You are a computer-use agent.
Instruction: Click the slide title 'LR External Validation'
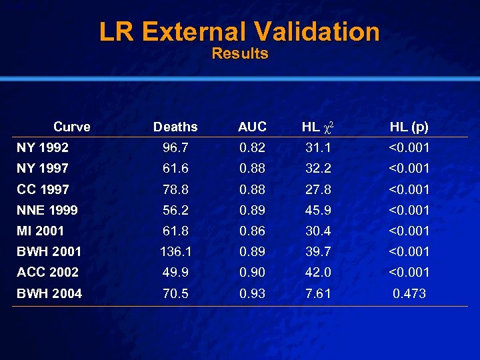[x=239, y=31]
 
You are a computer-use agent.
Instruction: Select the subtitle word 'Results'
[x=239, y=54]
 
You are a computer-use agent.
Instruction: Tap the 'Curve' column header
[x=72, y=127]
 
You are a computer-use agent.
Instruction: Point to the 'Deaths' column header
[x=175, y=127]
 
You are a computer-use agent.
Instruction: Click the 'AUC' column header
[x=252, y=127]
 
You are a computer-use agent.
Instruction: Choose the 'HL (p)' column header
[x=409, y=127]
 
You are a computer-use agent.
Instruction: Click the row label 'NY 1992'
[x=43, y=147]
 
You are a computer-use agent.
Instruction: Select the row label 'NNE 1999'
[x=47, y=210]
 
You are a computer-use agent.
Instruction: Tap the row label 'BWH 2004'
[x=49, y=293]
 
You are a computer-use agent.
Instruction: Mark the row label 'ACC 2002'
[x=48, y=272]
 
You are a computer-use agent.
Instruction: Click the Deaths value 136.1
[x=175, y=251]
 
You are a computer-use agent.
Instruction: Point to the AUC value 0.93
[x=252, y=293]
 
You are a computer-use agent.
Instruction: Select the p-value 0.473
[x=409, y=293]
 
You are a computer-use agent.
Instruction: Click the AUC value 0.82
[x=252, y=147]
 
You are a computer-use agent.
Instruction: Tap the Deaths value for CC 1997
[x=175, y=189]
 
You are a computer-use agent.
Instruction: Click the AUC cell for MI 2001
[x=252, y=231]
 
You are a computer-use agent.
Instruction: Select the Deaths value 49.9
[x=175, y=272]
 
